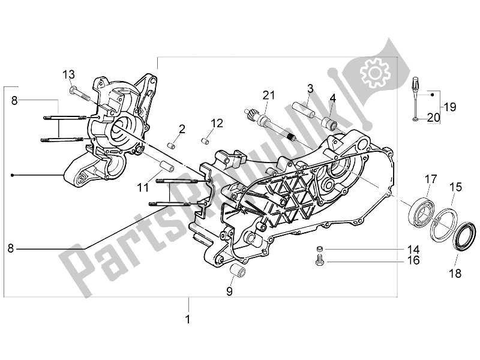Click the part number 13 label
tap(70, 74)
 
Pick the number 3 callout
tap(310, 89)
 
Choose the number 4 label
tap(332, 97)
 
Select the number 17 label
tap(431, 178)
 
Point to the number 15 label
tap(455, 187)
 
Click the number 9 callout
tap(229, 292)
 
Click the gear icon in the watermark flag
tap(371, 75)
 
